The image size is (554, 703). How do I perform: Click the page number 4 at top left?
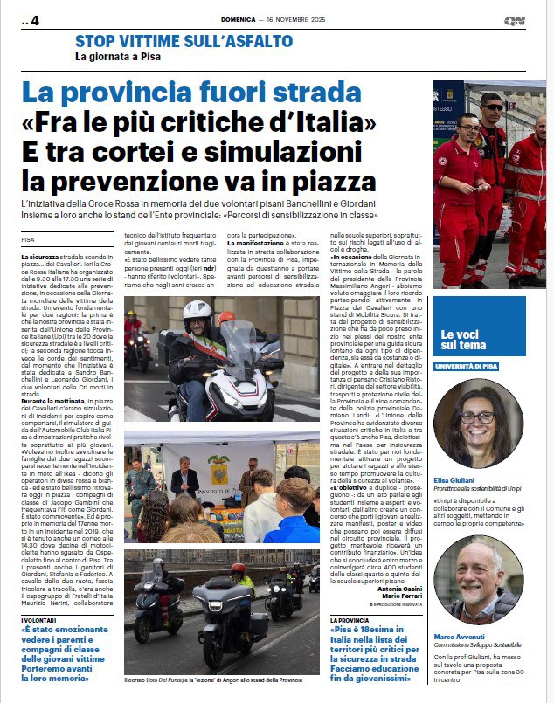click(34, 21)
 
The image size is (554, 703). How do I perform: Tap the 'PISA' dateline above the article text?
click(30, 238)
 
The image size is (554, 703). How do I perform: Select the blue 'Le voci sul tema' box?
click(491, 340)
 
